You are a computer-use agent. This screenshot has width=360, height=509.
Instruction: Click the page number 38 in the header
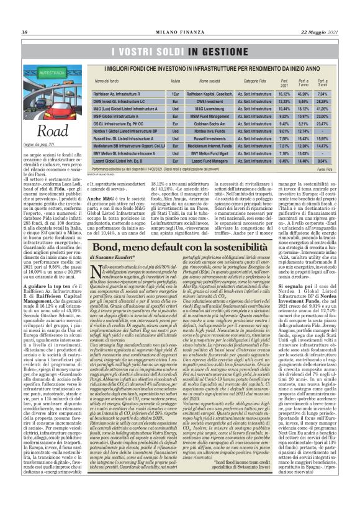(x=24, y=15)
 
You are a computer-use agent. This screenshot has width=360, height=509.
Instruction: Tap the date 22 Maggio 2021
(x=322, y=15)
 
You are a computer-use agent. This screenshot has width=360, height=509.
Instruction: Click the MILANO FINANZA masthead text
(x=179, y=15)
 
